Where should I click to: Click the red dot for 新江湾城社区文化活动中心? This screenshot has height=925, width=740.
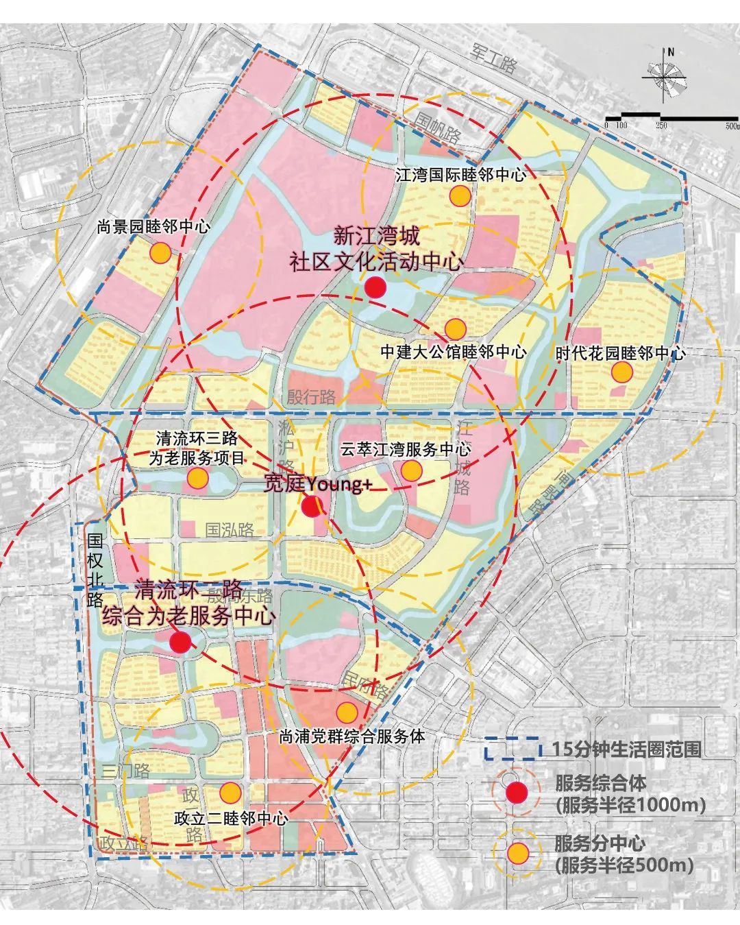[375, 287]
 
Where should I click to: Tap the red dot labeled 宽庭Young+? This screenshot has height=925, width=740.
[312, 507]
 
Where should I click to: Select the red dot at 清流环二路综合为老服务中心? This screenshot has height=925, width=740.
[180, 642]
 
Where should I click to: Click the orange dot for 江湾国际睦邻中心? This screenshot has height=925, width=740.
[460, 196]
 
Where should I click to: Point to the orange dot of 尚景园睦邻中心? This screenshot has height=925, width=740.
[160, 252]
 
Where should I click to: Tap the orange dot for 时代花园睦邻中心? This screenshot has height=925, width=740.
[621, 372]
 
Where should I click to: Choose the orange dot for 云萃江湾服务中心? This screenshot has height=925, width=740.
[411, 470]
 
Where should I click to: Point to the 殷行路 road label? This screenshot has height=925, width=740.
[312, 396]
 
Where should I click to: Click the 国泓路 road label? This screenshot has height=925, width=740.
[230, 529]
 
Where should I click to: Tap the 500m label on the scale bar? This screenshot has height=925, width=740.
[731, 125]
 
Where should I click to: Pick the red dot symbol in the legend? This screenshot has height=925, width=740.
[517, 793]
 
